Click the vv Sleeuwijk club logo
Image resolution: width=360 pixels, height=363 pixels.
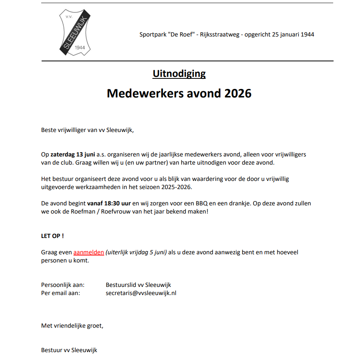coord(75,33)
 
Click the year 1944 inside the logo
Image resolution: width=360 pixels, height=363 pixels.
coord(79,47)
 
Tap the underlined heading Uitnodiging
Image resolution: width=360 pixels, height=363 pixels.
coord(179,73)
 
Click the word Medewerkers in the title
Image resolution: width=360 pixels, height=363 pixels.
coord(142,94)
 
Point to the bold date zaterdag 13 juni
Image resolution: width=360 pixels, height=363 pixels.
coord(73,154)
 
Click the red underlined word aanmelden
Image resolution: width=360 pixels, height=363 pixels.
coord(89,252)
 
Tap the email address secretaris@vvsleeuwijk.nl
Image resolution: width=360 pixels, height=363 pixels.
coord(141,293)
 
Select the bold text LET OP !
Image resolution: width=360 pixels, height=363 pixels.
coord(52,236)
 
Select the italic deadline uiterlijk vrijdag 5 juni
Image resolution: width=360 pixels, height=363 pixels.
coord(136,252)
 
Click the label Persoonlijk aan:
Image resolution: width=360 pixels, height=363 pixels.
coord(63,285)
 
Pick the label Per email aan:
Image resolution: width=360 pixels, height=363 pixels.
coord(61,293)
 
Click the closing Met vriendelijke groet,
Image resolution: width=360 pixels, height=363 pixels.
coord(72,326)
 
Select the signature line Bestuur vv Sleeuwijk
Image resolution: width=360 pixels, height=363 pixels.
coord(69,350)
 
